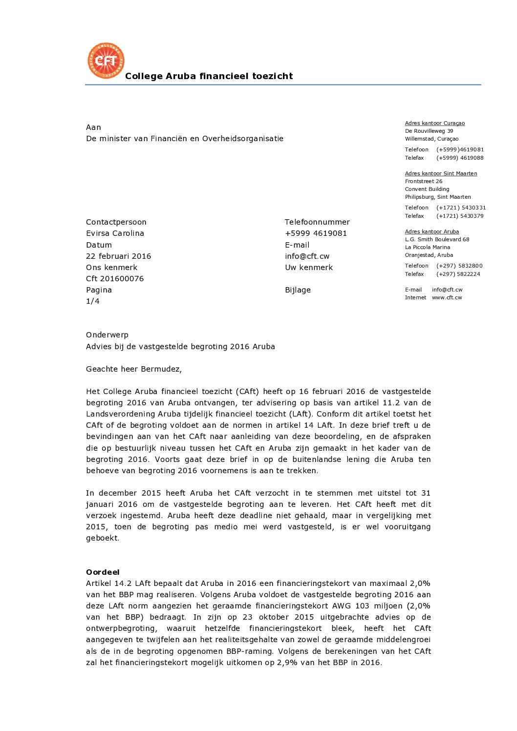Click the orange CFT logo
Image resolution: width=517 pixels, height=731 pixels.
tap(106, 61)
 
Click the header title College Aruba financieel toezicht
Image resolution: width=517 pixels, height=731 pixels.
tap(209, 76)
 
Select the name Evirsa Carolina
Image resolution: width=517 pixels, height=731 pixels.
tap(115, 233)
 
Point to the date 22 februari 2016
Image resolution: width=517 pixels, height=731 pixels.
tap(118, 256)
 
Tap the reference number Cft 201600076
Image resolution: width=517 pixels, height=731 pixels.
tap(115, 279)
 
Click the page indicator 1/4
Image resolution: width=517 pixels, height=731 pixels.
tap(93, 301)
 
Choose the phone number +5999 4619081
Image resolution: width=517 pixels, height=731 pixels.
tap(316, 233)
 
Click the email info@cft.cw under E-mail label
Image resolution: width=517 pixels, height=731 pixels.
tap(307, 256)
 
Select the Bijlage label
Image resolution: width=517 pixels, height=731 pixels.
tap(298, 290)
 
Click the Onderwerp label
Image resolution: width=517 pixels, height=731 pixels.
tap(107, 335)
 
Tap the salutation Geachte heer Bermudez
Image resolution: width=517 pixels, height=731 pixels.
tap(133, 369)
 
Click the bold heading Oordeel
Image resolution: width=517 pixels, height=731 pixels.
tap(103, 572)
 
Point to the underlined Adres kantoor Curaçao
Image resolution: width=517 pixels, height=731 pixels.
tap(434, 124)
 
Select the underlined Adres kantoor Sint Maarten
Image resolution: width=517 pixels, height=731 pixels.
tap(441, 174)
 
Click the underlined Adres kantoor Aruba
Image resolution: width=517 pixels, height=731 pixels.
tap(431, 232)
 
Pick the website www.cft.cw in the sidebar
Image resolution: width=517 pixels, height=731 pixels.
tap(447, 298)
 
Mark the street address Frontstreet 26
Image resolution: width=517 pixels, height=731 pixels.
tap(423, 182)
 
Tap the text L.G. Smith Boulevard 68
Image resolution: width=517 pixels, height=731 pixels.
tap(437, 240)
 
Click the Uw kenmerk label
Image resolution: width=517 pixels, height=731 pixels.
tap(309, 268)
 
